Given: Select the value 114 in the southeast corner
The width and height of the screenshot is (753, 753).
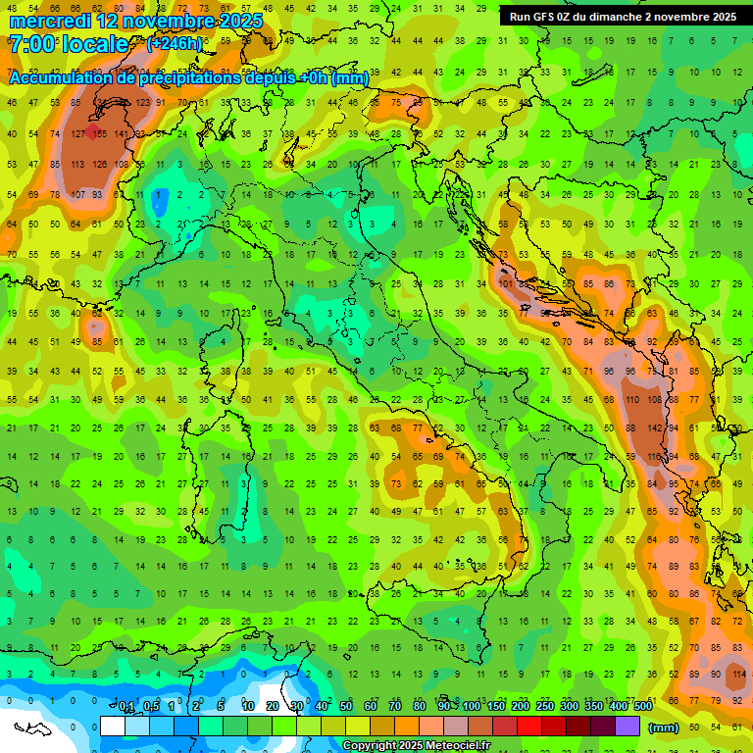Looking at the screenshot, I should coord(737,675).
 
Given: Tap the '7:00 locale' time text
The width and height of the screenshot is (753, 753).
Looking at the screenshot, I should coord(68,44).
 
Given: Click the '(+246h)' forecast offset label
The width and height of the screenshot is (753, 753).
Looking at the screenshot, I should coord(175,44).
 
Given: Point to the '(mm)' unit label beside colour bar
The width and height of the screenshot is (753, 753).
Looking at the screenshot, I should coord(663,728).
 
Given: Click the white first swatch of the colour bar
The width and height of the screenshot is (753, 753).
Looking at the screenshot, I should coord(113,727).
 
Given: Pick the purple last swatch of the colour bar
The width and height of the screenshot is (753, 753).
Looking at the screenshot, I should coord(627,727).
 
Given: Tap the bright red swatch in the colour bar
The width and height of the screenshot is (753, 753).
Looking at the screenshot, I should coord(529,727).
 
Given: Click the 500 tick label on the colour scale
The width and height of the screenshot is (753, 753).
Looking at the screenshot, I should coord(642,707).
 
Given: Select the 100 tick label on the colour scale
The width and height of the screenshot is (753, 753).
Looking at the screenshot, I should coord(471,707).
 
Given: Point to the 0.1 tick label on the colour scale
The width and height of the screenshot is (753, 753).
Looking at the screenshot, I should coord(125,707).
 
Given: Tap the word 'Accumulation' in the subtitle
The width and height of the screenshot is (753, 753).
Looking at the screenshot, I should coord(59,78).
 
